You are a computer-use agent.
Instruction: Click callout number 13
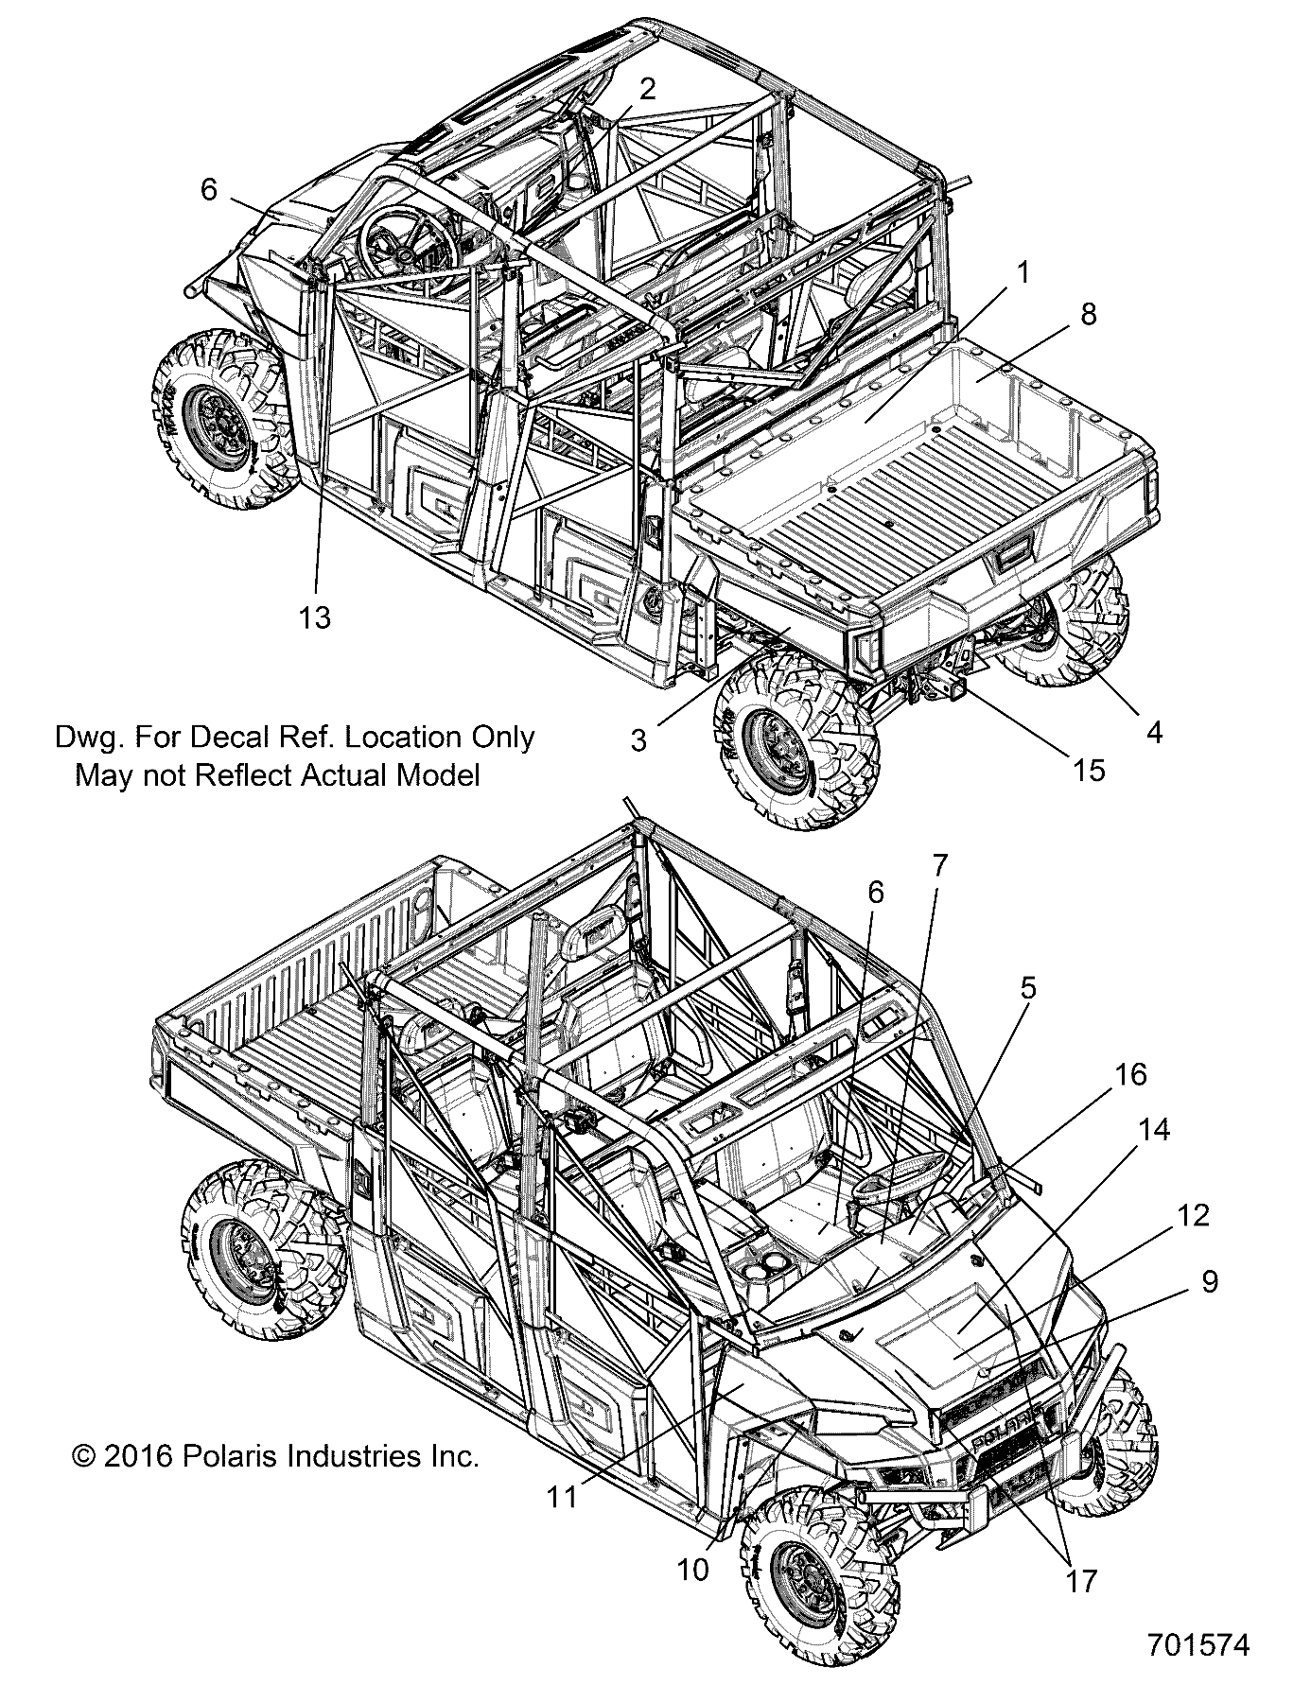coord(315,617)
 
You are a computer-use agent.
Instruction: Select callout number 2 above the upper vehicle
coord(647,89)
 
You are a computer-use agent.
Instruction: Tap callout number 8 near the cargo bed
coord(1088,314)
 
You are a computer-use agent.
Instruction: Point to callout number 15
coord(1090,770)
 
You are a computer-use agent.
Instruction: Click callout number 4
coord(1153,731)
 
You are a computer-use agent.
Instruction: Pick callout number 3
coord(639,740)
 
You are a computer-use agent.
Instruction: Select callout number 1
coord(1023,273)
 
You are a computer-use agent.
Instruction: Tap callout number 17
coord(1081,1580)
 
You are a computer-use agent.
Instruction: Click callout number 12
coord(1195,1215)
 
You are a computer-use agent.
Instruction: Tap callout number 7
coord(939,866)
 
